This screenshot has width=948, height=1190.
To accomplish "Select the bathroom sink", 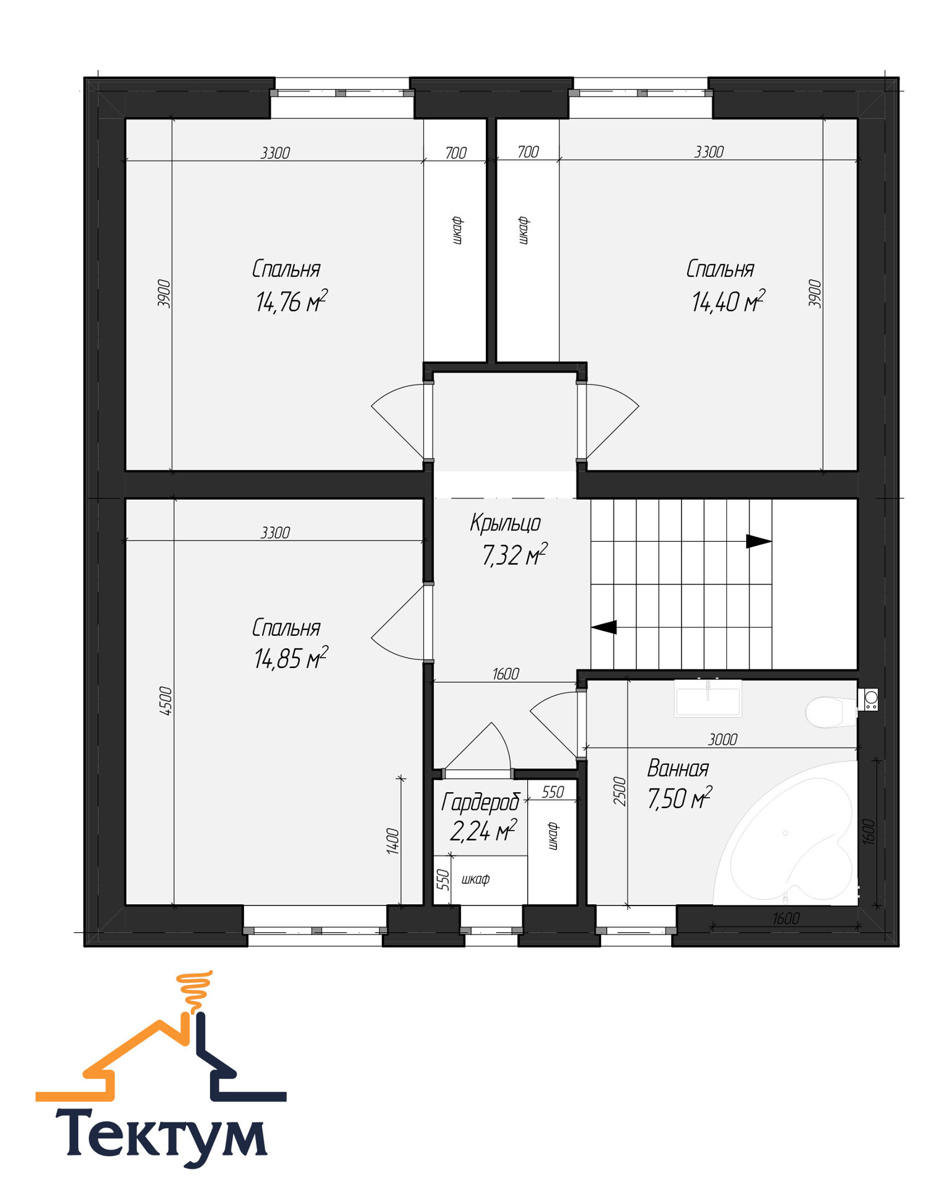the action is click(x=708, y=699).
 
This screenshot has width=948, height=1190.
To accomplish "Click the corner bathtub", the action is click(x=787, y=834).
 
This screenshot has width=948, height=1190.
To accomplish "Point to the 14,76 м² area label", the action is click(x=291, y=301).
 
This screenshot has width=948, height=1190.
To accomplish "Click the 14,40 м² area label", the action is click(x=728, y=301).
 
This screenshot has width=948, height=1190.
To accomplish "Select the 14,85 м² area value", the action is click(x=291, y=658).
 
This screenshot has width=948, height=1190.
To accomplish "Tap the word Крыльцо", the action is click(x=505, y=524).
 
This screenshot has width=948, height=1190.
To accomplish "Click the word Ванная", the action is click(x=678, y=769).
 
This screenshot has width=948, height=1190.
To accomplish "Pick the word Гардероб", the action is click(x=480, y=803).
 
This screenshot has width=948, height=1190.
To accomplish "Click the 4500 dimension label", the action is click(x=165, y=702).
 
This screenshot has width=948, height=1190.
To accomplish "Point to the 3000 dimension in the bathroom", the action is click(x=722, y=739).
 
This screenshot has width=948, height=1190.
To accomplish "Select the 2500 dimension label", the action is click(x=620, y=791).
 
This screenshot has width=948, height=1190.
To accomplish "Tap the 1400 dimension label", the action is click(x=393, y=841).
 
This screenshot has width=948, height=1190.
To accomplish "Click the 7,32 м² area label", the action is click(x=514, y=555).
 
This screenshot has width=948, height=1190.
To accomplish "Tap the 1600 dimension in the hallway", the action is click(x=506, y=674).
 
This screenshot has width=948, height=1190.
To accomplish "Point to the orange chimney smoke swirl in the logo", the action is click(x=195, y=992).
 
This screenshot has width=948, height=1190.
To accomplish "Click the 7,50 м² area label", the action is click(x=680, y=798).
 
